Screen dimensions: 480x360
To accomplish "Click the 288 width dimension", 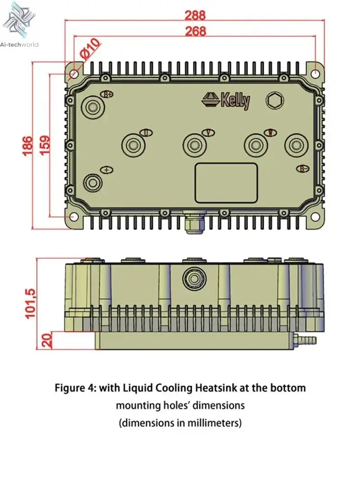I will pos(195,15).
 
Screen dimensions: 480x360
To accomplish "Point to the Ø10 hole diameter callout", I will pos(90,49).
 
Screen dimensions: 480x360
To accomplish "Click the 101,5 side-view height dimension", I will pos(30,303).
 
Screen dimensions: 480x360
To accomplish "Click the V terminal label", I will pos(207,132).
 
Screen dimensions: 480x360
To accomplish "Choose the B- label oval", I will pos(302,168).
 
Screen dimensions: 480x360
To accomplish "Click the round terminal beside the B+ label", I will pos(93,107).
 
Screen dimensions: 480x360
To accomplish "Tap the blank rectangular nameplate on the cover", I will pos(226,182).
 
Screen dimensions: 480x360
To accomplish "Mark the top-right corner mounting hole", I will pos(316,72).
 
